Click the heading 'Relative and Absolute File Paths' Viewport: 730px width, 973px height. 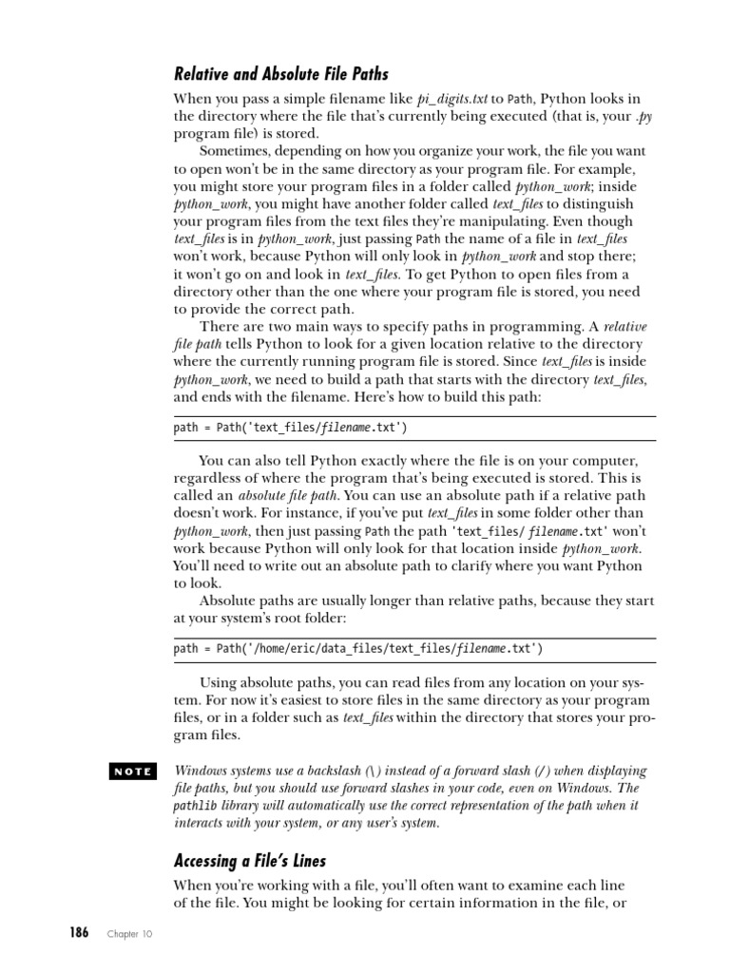280,73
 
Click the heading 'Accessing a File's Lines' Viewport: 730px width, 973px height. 249,861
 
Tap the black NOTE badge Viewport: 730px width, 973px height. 132,772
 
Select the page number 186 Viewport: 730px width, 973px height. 78,933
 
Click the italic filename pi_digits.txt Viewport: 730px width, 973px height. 452,99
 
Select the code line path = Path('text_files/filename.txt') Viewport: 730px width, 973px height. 290,428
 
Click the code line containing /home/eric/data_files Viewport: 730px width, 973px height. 358,649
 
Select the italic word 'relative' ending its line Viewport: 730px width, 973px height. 624,327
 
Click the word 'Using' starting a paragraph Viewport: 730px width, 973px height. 219,681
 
